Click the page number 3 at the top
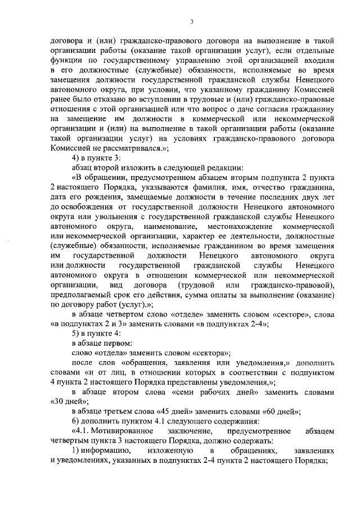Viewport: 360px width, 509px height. [191, 22]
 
